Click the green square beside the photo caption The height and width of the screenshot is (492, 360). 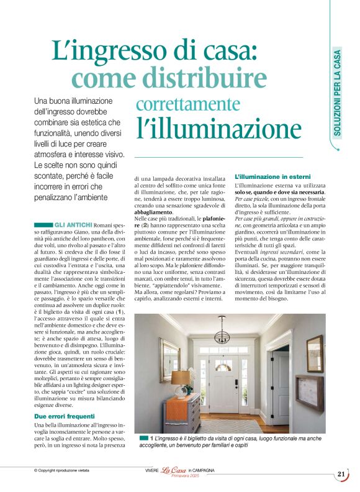coord(144,439)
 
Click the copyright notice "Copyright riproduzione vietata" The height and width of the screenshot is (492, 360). coord(64,471)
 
